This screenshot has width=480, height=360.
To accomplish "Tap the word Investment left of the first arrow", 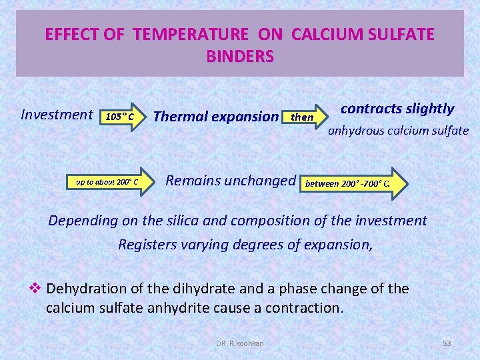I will pos(57,115).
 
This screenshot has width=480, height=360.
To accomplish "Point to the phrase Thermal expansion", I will pos(215,117).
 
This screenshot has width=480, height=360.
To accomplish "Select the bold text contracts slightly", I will pos(397,109).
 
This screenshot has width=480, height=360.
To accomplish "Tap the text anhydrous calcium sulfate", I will pos(398,131).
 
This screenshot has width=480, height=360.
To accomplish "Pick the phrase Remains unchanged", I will pos(230,180).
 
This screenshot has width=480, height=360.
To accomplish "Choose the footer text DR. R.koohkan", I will pos(240,343).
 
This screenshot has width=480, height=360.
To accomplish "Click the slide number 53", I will pos(447,343).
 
